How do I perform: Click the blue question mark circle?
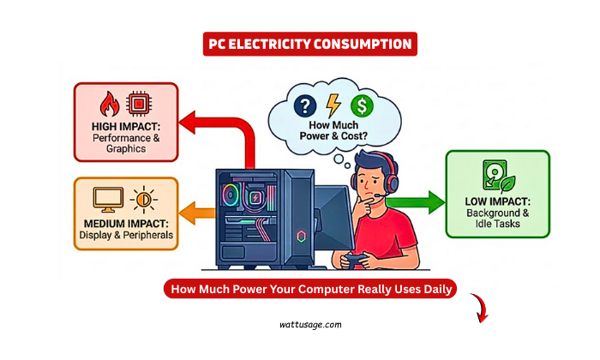[x=305, y=106]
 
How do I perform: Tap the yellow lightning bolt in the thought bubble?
[x=334, y=106]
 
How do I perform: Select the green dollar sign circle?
[x=363, y=106]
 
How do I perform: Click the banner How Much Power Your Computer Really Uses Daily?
[x=310, y=290]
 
